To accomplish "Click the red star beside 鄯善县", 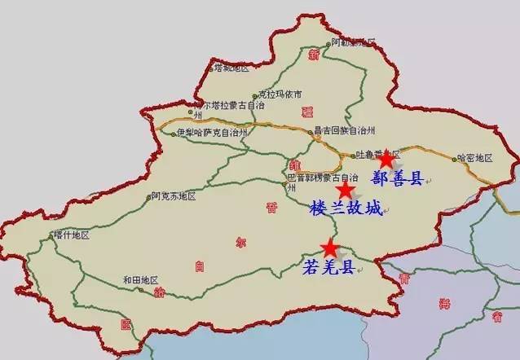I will coord(385,159).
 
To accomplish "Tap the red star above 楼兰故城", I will coord(346,191).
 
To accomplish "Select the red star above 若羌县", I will coord(329,247).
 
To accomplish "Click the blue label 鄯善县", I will coord(397,178).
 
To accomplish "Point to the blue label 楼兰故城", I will coord(346,209).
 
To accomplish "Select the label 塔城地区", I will coord(230,68).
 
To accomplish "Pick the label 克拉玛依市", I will coord(280,94).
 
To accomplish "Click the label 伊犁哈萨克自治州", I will coord(211,132).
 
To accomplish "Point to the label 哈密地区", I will coord(475,157).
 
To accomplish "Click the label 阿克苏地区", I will coord(174,196).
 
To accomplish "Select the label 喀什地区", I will coord(71,235).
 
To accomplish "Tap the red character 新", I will coord(314,55).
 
